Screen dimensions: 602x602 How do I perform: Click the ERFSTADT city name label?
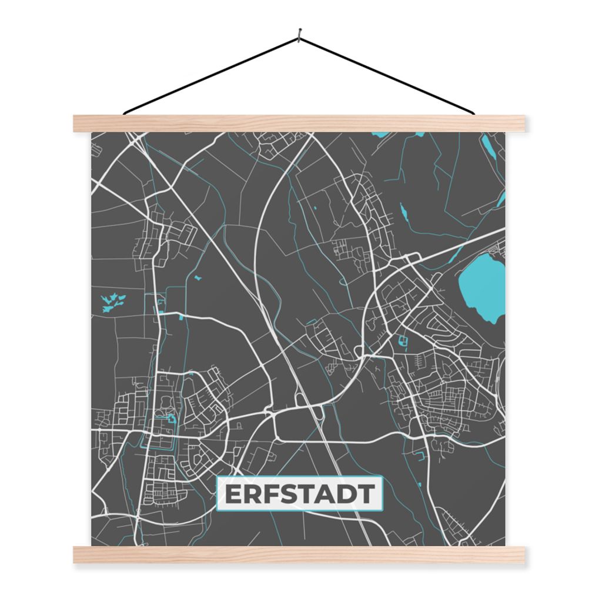(300, 494)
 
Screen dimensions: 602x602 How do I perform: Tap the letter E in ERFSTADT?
(233, 494)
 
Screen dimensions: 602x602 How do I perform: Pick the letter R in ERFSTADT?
(253, 494)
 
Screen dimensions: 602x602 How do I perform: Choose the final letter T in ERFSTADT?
(366, 494)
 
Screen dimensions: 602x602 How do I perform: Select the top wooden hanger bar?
(300, 123)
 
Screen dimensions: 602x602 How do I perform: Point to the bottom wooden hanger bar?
(300, 554)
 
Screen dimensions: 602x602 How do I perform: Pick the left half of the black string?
(212, 75)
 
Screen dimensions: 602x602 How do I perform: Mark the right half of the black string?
(388, 75)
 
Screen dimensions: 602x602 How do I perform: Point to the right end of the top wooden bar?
(521, 123)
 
